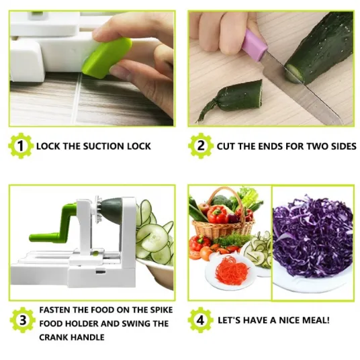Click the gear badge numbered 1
coord(20,146)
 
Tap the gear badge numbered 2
coord(200,146)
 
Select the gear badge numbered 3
coord(23,320)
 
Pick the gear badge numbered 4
coord(200,320)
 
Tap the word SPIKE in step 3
coord(161,310)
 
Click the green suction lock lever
coord(107,58)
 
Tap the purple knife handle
coord(254,45)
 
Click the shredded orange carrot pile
coord(232,268)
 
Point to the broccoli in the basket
coord(221,201)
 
